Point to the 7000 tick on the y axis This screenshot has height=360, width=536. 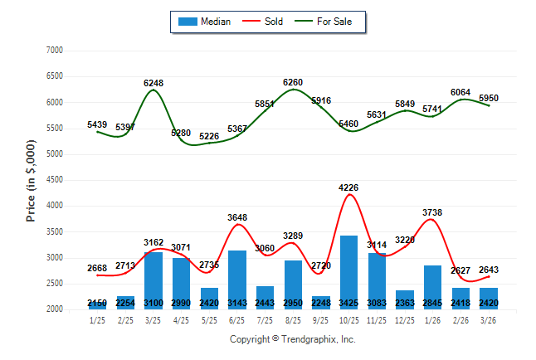coord(55,51)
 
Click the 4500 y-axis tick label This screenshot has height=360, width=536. coord(55,180)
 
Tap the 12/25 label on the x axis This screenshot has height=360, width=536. coord(405,320)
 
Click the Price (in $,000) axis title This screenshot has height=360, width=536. coord(31,180)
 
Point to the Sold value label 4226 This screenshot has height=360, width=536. coord(349,187)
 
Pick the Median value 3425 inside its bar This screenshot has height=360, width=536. coord(349,304)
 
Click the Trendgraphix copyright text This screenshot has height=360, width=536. coord(292,340)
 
